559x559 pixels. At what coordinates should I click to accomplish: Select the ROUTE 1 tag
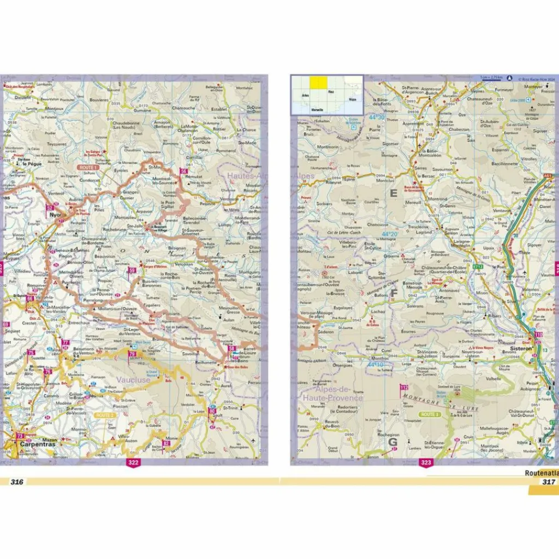(x=88, y=168)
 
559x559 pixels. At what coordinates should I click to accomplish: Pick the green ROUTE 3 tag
(x=430, y=414)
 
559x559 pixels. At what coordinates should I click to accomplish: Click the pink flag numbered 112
(x=404, y=388)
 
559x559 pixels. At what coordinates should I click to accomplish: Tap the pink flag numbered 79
(x=132, y=354)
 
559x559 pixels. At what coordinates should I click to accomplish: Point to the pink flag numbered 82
(x=165, y=443)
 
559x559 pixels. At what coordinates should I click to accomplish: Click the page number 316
(x=17, y=481)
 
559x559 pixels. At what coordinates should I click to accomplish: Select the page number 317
(x=548, y=481)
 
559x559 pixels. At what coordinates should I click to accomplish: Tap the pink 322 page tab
(x=133, y=463)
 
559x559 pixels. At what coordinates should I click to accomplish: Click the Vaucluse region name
(x=134, y=379)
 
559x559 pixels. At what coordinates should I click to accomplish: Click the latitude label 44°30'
(x=377, y=117)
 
